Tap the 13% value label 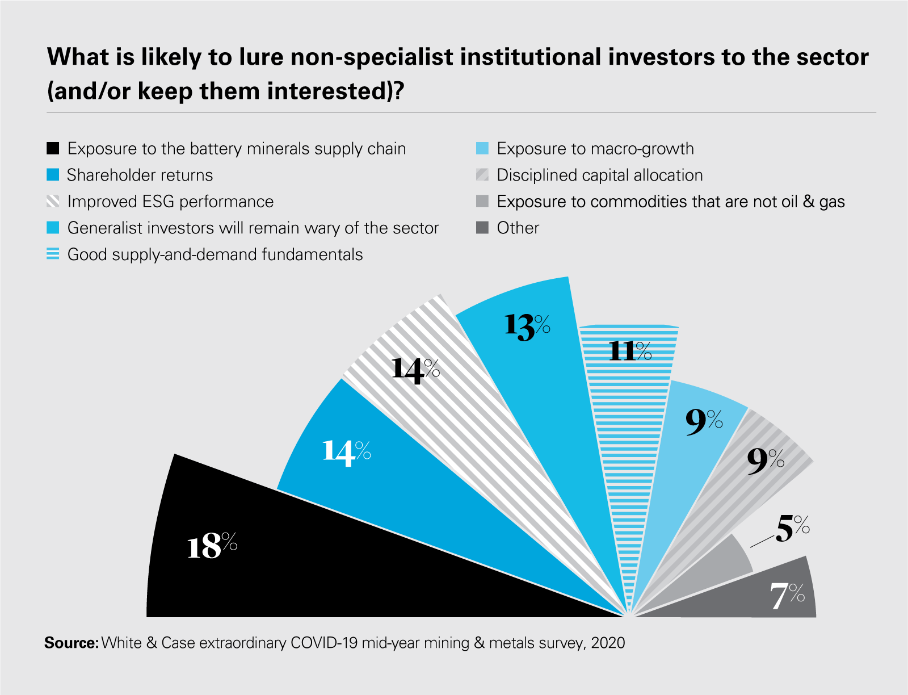click(527, 328)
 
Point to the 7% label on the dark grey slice click(787, 596)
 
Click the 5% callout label click(792, 528)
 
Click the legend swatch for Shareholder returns click(53, 175)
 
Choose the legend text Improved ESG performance click(170, 202)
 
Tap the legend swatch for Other click(482, 228)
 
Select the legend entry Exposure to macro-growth click(595, 149)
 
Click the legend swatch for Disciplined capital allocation click(482, 175)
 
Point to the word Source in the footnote click(71, 643)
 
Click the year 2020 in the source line click(608, 643)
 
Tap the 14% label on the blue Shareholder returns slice click(346, 453)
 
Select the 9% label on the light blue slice click(704, 422)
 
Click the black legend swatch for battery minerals click(53, 149)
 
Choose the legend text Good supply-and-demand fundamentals click(215, 254)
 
